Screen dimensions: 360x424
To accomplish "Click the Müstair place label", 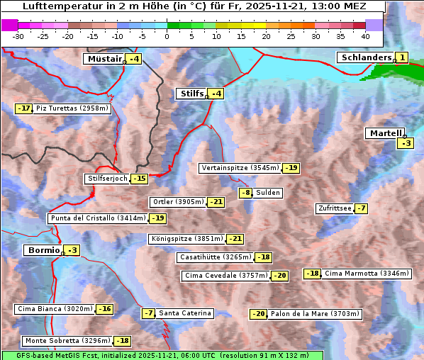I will coord(104,59).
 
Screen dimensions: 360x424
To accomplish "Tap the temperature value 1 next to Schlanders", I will coord(402,57).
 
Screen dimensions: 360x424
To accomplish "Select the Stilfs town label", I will coord(191,94).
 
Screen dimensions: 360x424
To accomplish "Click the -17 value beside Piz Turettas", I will coord(24,108).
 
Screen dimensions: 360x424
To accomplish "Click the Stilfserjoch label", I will coord(107,179).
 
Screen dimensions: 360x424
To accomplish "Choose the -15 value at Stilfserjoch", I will coord(140,179).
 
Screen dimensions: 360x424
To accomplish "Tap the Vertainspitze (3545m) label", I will coord(240,168).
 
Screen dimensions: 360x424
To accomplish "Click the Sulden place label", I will coord(268,193).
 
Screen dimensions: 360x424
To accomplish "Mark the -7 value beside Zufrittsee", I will coord(362,208).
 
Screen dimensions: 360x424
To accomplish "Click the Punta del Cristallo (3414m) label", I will coord(97,218).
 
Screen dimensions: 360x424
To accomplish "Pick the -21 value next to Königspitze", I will coord(235,239).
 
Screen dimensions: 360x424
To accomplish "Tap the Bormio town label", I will coord(42,250).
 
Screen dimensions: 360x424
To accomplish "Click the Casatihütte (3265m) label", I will coord(215,257).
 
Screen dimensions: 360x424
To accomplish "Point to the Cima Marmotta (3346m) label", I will coord(367,274).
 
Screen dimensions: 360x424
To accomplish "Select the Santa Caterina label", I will coord(184,313).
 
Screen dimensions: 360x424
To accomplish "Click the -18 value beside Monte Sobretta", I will coord(123,341).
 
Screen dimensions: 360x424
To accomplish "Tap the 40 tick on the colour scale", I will coord(365,35).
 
